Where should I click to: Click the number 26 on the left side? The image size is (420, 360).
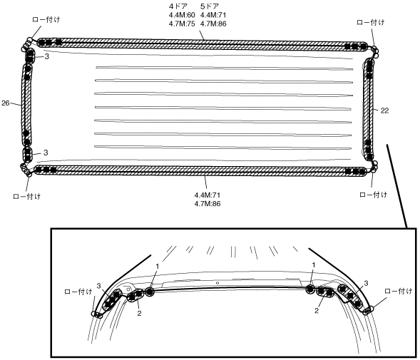[6, 103]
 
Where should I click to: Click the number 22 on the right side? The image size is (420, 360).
[384, 110]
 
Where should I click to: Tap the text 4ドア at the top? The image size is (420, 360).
[178, 6]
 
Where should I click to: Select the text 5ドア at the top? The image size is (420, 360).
[210, 6]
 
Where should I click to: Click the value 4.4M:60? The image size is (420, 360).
[182, 15]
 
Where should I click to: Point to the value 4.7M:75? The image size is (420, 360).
[182, 24]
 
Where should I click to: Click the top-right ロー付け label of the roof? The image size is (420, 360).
[371, 23]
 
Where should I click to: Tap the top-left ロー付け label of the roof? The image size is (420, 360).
[46, 19]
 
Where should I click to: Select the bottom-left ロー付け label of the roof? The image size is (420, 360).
[27, 196]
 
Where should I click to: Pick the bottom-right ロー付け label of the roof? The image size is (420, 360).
[374, 195]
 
